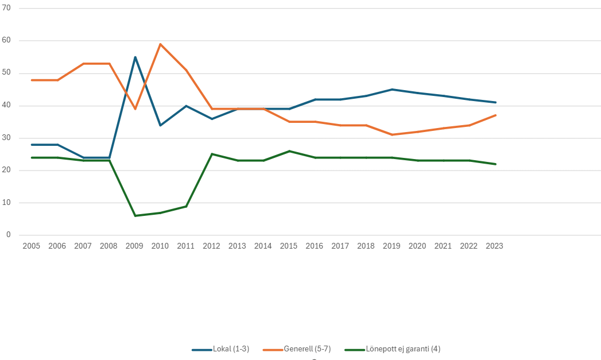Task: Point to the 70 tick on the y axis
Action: tap(7, 8)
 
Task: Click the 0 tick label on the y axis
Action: tap(9, 235)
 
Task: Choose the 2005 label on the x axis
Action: tap(31, 246)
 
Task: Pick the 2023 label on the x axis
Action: tap(494, 246)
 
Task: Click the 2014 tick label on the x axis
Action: tap(263, 246)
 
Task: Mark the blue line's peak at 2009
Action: tap(135, 57)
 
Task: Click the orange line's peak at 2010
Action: tap(160, 44)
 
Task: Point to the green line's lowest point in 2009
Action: tap(135, 215)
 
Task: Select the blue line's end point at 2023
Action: tap(495, 102)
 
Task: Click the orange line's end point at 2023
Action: tap(495, 115)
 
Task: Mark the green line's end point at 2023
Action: tap(495, 164)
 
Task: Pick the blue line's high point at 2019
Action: tap(392, 90)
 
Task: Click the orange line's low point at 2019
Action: tap(392, 134)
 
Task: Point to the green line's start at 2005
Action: tap(32, 157)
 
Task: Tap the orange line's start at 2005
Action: tap(32, 80)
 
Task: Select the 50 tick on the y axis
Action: tap(7, 73)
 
